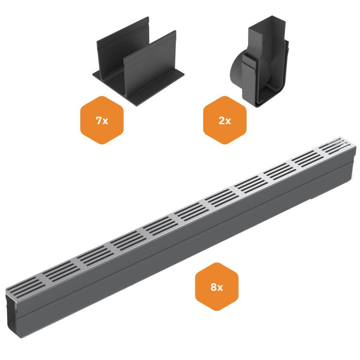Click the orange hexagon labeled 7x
102,120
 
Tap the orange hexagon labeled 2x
225,120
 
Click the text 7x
102,120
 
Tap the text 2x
225,120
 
